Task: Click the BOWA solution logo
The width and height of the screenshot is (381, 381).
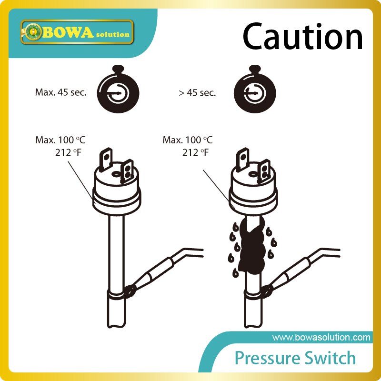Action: coord(76,32)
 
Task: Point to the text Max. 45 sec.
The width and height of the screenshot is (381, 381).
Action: coord(61,92)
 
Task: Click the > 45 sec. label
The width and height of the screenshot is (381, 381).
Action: coord(197,93)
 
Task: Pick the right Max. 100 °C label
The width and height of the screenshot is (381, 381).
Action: coord(188,140)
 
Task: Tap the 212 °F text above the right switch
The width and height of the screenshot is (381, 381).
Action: coord(195,152)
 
